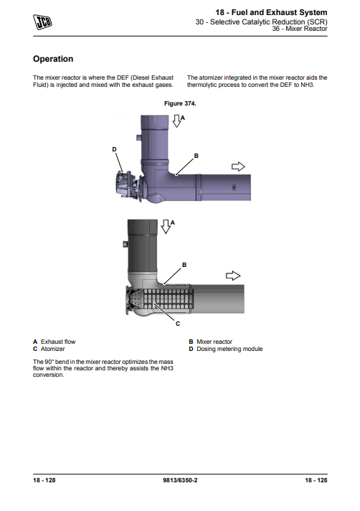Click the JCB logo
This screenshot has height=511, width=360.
click(42, 22)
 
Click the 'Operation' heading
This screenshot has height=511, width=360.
click(53, 59)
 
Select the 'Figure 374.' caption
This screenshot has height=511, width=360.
click(180, 103)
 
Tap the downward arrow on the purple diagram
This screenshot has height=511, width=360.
click(176, 121)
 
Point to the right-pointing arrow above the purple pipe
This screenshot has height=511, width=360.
click(238, 167)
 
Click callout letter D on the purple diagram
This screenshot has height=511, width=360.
click(114, 149)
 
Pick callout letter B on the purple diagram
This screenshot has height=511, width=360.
click(196, 156)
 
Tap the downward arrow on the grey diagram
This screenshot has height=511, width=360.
click(166, 227)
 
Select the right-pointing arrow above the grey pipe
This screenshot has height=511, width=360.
click(233, 276)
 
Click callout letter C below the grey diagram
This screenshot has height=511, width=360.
click(178, 324)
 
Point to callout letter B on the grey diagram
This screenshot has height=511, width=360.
click(184, 265)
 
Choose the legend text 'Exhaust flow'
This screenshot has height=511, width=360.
click(58, 342)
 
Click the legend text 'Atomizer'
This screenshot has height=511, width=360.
click(53, 349)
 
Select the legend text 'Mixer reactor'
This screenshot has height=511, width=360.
click(214, 342)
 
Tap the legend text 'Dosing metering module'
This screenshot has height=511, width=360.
click(229, 349)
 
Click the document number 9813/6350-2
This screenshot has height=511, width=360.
click(180, 480)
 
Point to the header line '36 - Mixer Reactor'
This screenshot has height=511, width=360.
click(300, 29)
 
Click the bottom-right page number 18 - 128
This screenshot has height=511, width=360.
click(316, 480)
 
